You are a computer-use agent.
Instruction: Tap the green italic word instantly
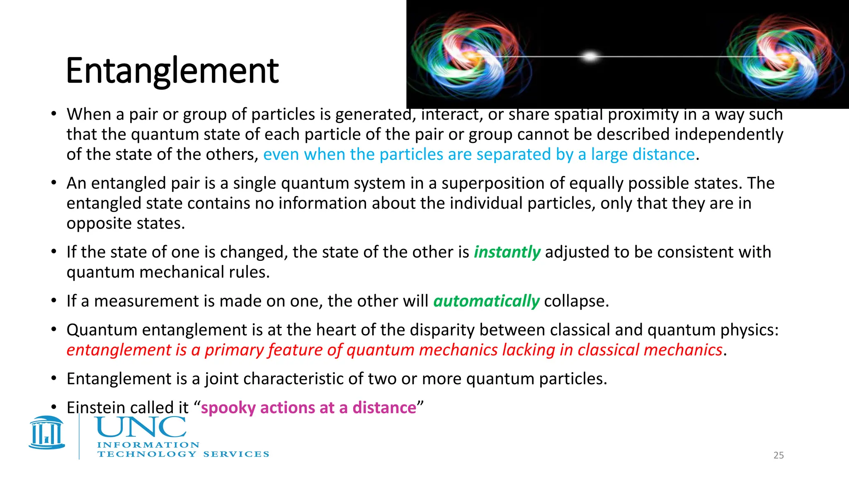click(507, 252)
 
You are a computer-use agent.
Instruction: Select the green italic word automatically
click(486, 301)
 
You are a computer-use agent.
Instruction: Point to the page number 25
click(779, 455)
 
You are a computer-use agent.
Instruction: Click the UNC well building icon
click(47, 433)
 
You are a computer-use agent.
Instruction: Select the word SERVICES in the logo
click(236, 454)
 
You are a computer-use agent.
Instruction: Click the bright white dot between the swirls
click(590, 56)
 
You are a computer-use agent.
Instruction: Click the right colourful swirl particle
click(779, 56)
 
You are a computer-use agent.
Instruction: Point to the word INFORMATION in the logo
click(148, 445)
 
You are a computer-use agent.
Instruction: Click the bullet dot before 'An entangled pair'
click(54, 183)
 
